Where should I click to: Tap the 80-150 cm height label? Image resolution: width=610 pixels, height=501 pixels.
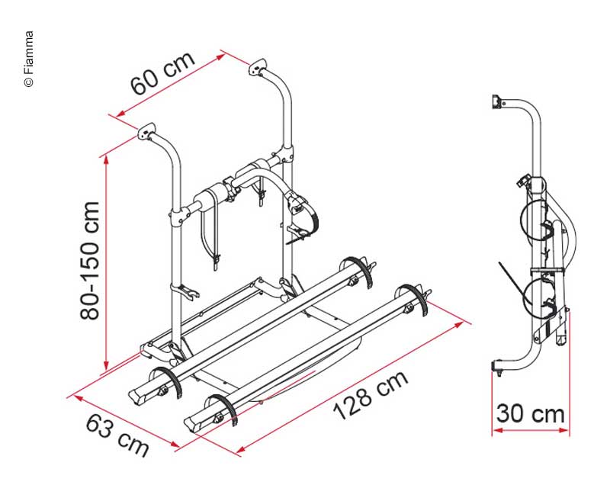tap(89, 261)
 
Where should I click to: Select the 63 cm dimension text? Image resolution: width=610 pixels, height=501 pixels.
tap(117, 435)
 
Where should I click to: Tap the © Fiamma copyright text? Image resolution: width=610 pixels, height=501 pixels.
tap(29, 59)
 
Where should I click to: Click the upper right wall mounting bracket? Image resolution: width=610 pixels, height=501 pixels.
tap(257, 67)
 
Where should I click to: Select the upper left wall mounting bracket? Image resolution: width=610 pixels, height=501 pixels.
tap(146, 131)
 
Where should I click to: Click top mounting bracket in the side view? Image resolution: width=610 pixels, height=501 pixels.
tap(497, 102)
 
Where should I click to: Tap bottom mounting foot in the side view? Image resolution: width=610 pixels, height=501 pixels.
tap(497, 368)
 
